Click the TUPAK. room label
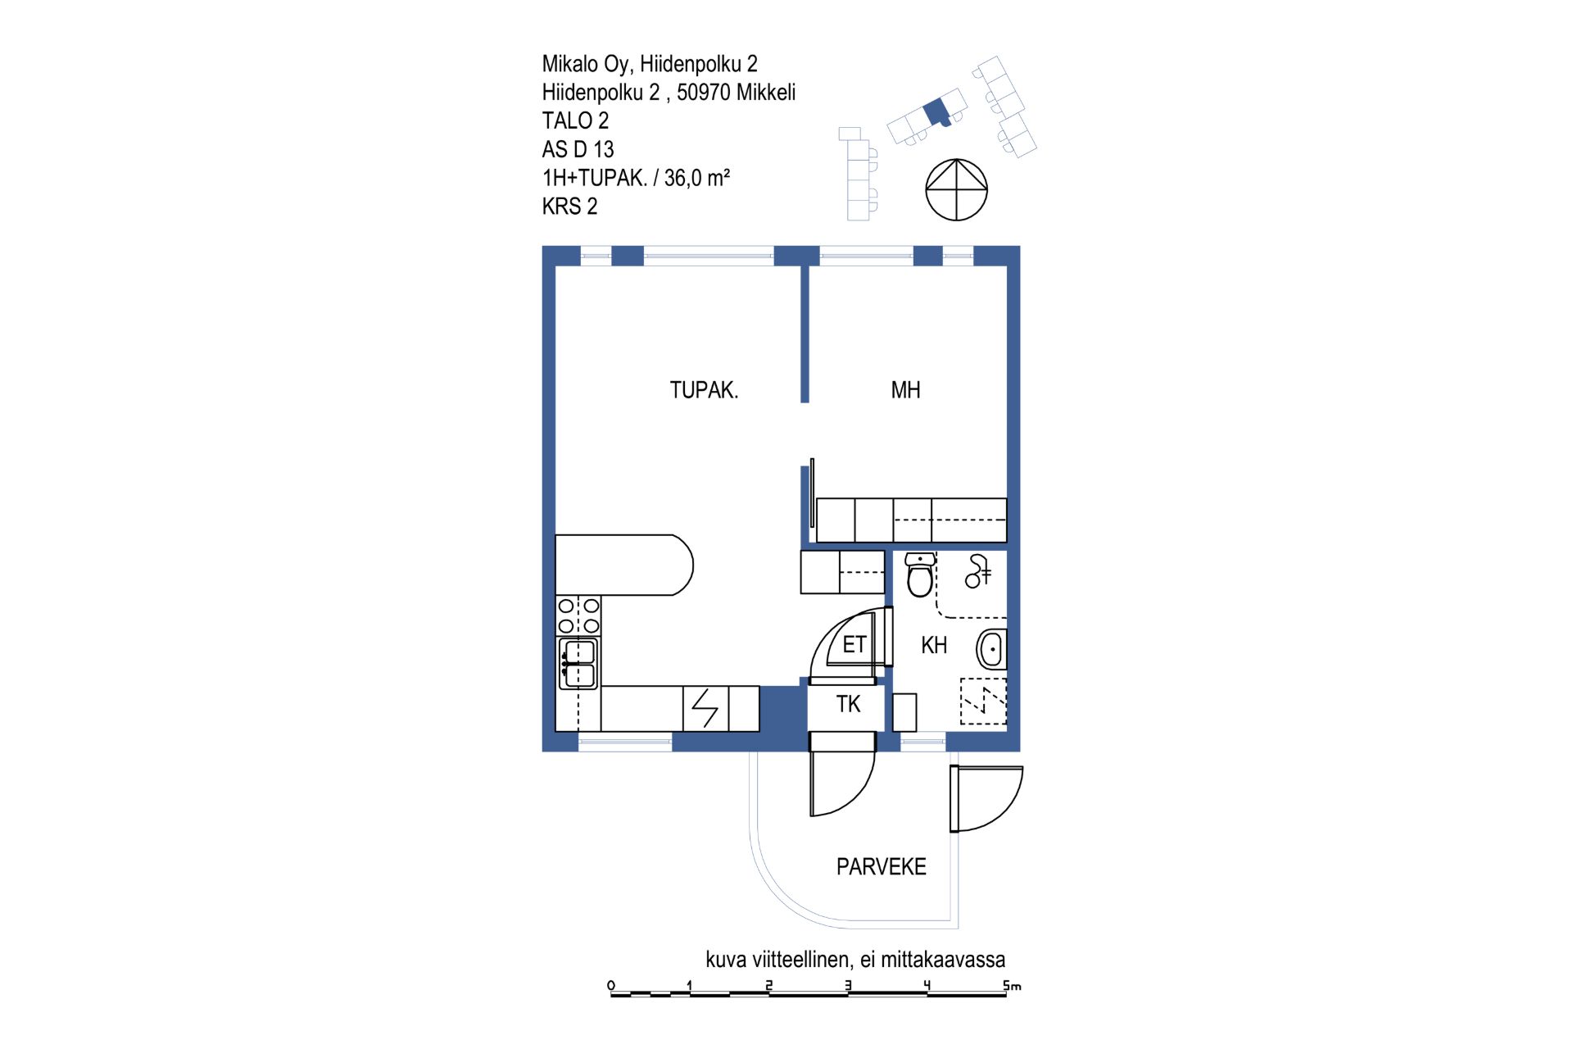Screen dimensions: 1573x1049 (704, 390)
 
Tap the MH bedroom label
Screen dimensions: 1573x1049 (905, 390)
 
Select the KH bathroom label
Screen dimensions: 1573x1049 (934, 645)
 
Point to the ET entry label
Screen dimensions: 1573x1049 (854, 645)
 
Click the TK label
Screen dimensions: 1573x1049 (848, 704)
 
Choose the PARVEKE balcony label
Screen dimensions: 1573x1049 (881, 866)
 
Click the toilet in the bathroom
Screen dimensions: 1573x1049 (920, 574)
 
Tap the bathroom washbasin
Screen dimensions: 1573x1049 (991, 650)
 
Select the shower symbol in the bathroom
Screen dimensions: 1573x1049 (978, 571)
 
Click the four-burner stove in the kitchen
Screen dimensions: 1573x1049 (578, 616)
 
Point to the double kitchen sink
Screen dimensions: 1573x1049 (578, 664)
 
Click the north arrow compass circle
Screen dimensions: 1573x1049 (956, 190)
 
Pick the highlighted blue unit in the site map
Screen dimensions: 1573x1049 (937, 112)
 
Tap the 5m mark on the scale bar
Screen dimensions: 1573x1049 (1013, 986)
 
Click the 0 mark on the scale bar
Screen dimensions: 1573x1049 (611, 985)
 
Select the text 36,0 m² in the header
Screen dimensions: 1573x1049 (696, 178)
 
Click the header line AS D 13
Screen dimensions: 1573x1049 (578, 149)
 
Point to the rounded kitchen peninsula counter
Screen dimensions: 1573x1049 (624, 565)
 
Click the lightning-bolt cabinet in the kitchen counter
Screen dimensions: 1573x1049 (705, 708)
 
